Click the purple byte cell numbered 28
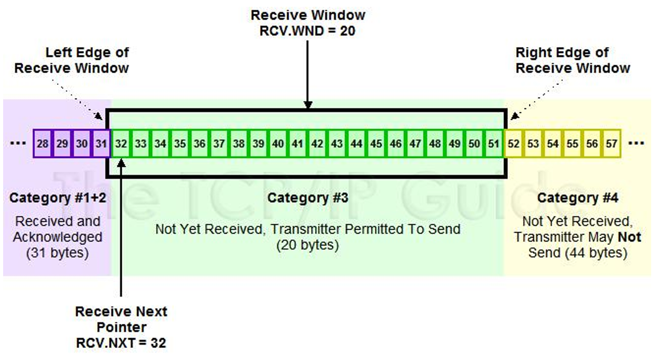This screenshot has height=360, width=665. pos(43,144)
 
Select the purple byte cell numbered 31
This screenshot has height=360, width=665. pos(102,144)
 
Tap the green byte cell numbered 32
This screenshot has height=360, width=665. pos(121,144)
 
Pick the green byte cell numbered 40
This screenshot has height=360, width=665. pos(278,144)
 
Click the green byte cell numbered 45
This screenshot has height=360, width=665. pos(376,144)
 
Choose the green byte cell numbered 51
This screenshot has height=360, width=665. pos(494,144)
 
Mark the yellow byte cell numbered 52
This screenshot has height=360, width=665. pos(514,144)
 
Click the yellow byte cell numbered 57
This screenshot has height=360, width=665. pos(611,144)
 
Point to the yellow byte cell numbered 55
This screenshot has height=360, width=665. pos(572,144)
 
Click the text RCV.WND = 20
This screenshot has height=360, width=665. pos(308,31)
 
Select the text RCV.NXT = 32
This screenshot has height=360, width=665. pos(121,343)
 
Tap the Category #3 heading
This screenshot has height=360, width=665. pos(308,198)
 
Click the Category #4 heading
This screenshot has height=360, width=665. pos(578,198)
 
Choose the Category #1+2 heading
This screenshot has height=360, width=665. pos(58,198)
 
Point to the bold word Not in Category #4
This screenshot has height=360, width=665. pos(629,237)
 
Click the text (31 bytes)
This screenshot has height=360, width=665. pos(58,253)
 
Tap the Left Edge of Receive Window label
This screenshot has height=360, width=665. pos(71,60)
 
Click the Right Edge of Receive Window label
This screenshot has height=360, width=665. pos(573,60)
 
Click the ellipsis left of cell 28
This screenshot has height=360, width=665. pos(18,144)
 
